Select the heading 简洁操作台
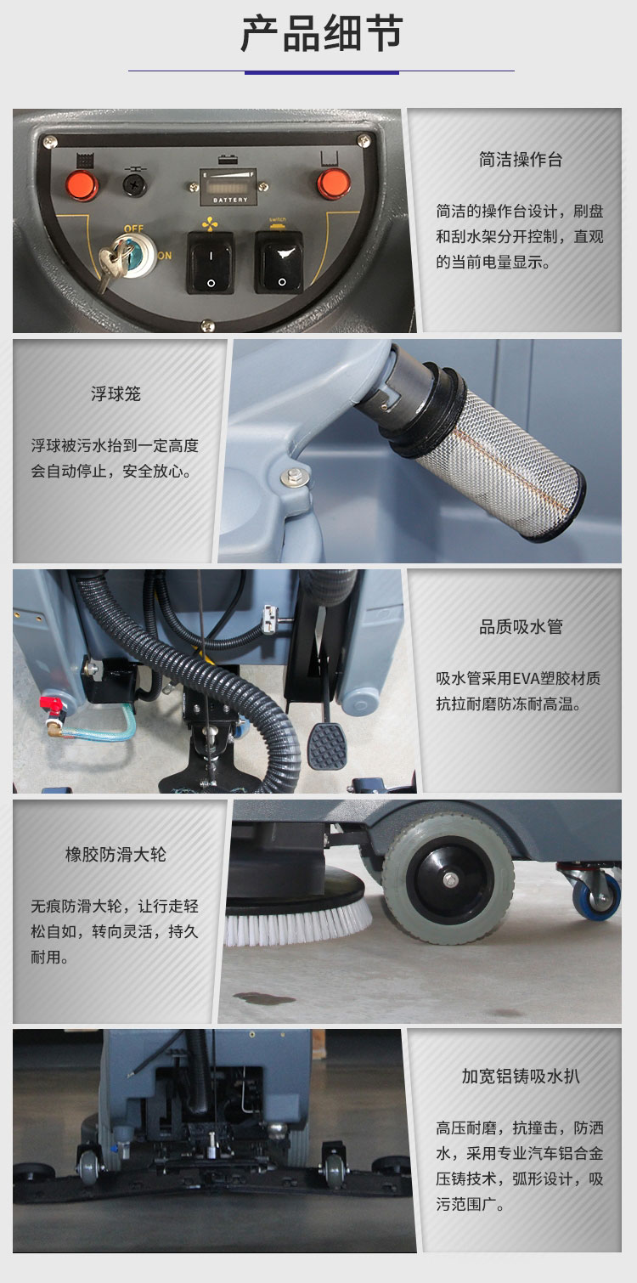coord(521,160)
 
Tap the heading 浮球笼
coord(116,394)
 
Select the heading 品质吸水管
coord(521,627)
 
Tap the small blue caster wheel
coord(596,899)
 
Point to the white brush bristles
coord(297,926)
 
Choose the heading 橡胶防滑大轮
coord(116,855)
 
